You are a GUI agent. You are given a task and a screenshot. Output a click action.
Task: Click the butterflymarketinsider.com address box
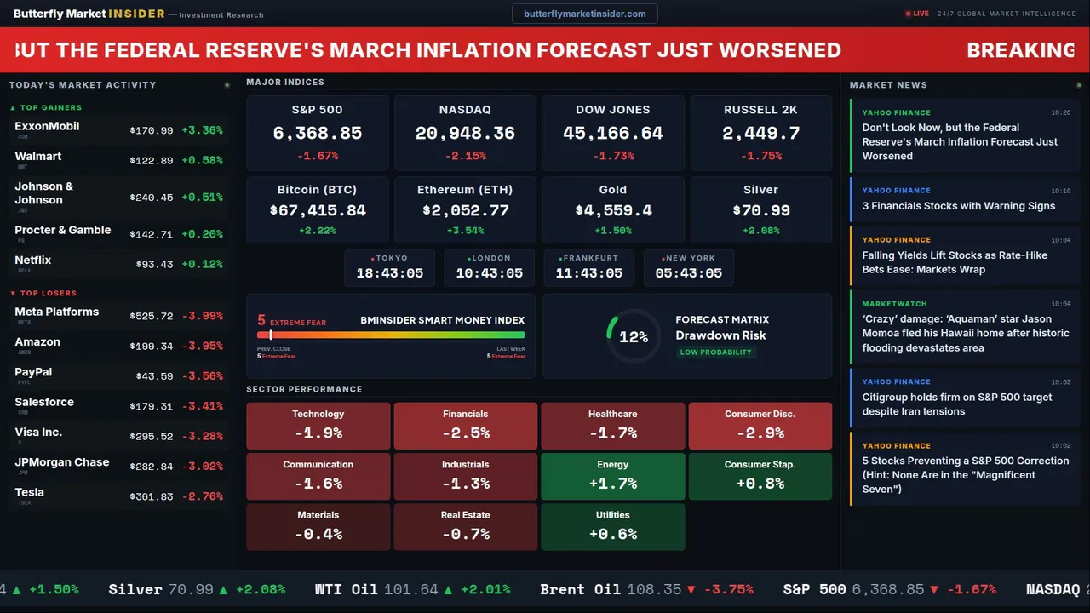[584, 14]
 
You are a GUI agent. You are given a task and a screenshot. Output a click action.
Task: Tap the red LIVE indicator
[917, 14]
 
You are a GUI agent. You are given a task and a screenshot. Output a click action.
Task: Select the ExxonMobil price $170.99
[152, 131]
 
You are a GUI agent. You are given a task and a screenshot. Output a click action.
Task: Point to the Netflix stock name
[33, 261]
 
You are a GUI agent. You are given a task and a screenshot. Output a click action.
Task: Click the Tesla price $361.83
[152, 497]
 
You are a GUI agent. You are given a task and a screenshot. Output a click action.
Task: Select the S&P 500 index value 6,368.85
[317, 134]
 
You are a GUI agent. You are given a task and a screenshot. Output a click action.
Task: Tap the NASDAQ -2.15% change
[465, 156]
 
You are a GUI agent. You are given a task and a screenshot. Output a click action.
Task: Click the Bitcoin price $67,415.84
[317, 210]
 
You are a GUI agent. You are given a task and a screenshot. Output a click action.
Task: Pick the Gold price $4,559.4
[613, 210]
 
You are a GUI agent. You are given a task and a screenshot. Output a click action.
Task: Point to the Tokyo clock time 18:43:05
[389, 273]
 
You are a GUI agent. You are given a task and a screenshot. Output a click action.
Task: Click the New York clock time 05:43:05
[688, 273]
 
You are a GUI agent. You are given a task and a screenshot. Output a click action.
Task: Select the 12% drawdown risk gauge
[634, 336]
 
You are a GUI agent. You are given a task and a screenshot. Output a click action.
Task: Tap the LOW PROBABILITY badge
[715, 352]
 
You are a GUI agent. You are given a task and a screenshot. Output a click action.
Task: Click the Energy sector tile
[613, 476]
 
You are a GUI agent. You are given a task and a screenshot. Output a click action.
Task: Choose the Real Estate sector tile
[465, 526]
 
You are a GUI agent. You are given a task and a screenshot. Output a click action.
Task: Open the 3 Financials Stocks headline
[958, 206]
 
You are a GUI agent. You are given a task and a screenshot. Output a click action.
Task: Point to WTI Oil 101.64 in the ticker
[376, 589]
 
